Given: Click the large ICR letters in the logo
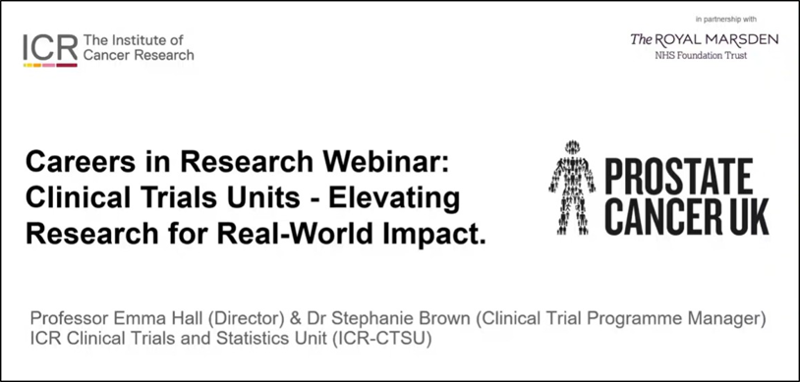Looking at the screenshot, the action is [x=50, y=47].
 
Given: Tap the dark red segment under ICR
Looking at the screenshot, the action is [x=67, y=65].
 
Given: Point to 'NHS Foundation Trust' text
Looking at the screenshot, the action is [x=701, y=56].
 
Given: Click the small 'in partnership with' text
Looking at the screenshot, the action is [x=726, y=20].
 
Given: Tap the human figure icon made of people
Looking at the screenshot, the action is [x=572, y=188].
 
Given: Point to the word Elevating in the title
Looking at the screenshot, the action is [x=394, y=198].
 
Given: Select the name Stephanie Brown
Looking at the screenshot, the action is [x=395, y=320].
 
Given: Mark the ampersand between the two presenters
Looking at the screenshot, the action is [x=296, y=319].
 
